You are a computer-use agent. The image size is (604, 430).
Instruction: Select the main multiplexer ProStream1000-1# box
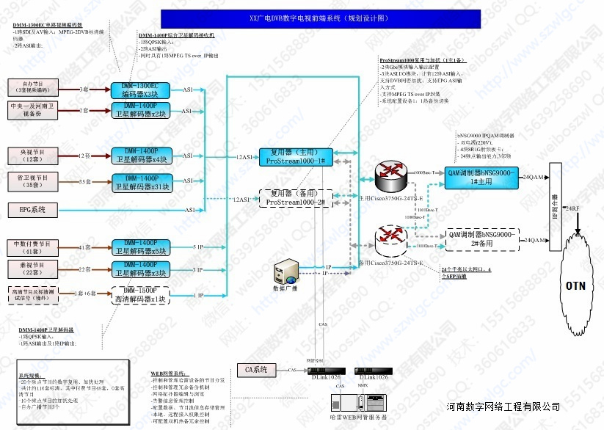[x=296, y=156]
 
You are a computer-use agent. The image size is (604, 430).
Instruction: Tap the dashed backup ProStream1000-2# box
[x=296, y=197]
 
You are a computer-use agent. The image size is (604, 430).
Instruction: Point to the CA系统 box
[x=256, y=369]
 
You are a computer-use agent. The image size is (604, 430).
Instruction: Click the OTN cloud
[x=575, y=285]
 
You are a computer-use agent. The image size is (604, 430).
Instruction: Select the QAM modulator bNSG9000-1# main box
[x=481, y=177]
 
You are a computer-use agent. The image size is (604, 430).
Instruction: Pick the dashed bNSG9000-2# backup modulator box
[x=481, y=239]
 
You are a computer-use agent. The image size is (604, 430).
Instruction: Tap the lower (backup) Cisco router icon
[x=388, y=239]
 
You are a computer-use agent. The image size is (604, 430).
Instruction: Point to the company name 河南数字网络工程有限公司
[x=503, y=407]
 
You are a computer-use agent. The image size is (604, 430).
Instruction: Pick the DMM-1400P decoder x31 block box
[x=139, y=183]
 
